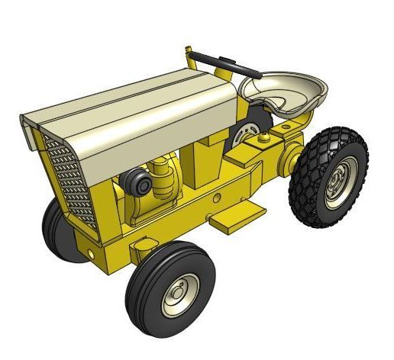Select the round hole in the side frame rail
click(x=218, y=198)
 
